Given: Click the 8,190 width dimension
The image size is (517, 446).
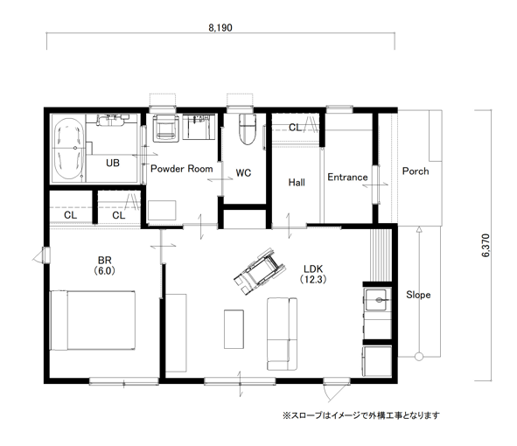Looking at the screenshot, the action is [220, 28].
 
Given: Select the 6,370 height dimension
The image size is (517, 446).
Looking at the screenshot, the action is [486, 245].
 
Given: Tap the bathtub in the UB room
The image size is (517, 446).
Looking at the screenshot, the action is [68, 149].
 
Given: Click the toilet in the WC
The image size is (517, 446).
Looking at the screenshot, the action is [248, 129].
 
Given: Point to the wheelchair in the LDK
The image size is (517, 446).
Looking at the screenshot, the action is [260, 271].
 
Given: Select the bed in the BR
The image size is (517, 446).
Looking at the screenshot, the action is [93, 320].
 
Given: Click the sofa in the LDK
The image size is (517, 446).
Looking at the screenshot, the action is [282, 334].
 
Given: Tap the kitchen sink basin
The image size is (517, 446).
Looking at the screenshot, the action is [376, 300].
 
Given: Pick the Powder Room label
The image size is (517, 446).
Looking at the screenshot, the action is [182, 169].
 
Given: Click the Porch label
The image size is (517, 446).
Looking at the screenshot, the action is [416, 171].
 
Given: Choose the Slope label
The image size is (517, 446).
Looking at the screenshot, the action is [418, 295].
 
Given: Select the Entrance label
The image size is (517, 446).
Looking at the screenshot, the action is [347, 177].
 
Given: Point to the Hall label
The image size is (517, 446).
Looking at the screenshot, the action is [297, 182].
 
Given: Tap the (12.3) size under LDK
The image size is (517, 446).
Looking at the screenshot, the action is [313, 280].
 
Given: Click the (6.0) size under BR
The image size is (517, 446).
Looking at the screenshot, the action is [104, 270].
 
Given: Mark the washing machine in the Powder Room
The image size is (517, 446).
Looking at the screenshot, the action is [166, 128].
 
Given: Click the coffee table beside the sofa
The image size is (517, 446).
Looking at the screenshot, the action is [234, 329].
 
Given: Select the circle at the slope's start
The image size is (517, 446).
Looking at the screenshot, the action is [419, 356].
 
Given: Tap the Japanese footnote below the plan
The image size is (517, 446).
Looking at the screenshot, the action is [361, 415].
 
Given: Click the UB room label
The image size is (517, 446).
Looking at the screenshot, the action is [113, 163].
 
